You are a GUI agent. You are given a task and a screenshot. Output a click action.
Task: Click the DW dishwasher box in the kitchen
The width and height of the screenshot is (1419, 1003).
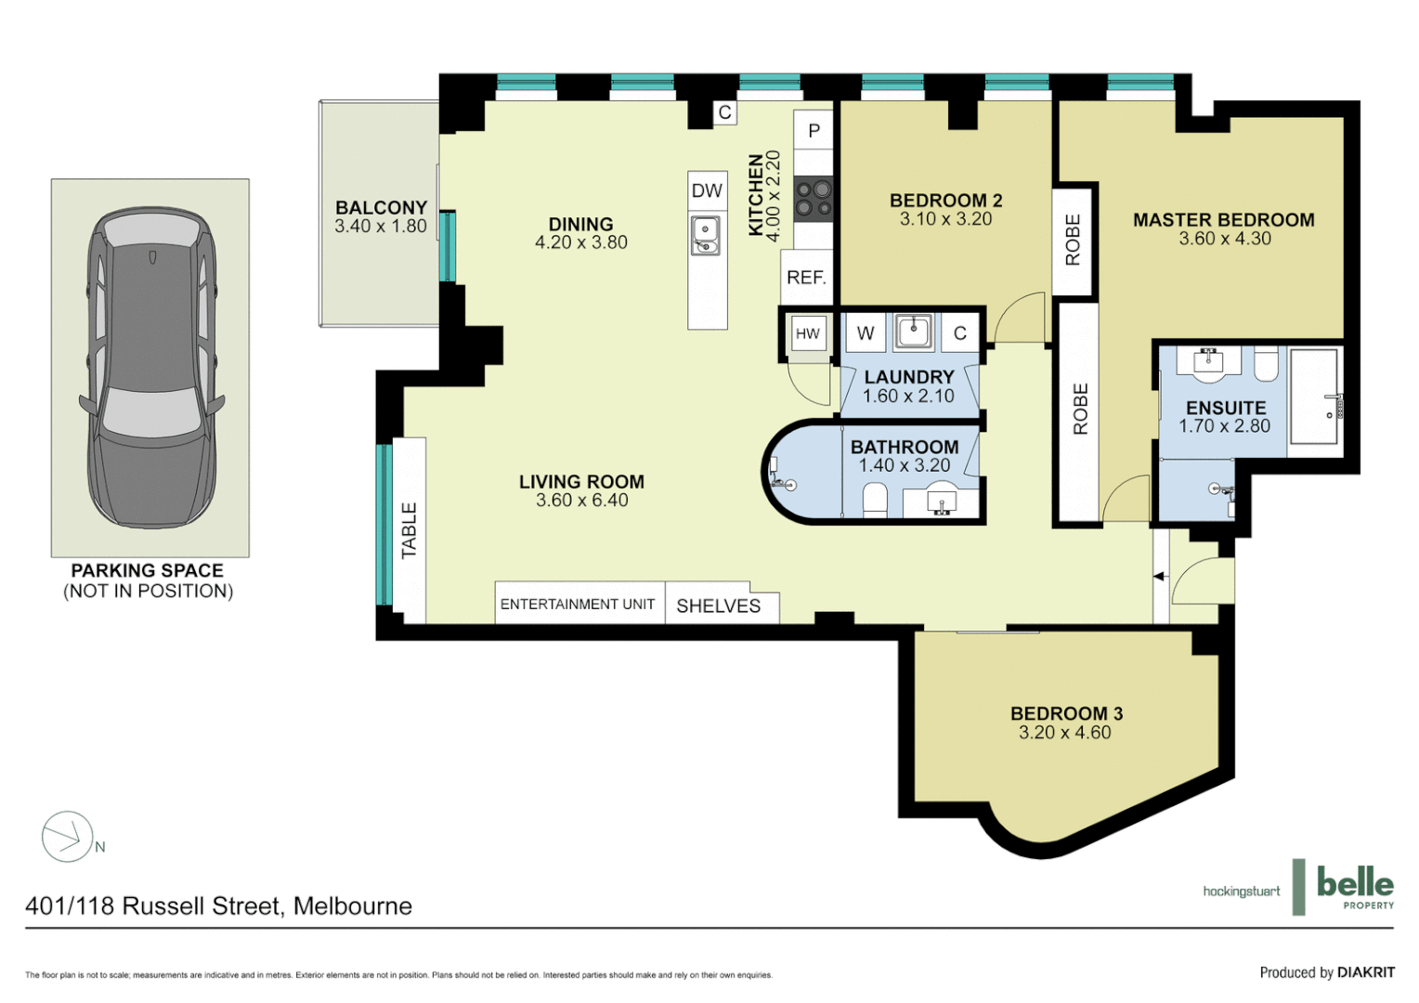coord(707,190)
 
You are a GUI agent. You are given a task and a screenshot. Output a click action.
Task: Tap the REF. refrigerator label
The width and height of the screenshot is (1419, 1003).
coord(806,278)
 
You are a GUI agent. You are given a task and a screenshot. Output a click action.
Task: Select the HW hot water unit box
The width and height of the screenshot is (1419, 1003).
coord(808,333)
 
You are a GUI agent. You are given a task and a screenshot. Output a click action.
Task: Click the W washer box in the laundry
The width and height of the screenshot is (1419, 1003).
coord(866,333)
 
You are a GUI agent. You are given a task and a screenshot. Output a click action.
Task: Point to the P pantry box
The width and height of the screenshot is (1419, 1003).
coord(814,131)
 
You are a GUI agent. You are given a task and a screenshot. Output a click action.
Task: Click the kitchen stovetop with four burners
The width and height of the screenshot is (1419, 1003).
coord(814,198)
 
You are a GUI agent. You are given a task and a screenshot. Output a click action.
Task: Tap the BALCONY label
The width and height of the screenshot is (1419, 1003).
coord(381,208)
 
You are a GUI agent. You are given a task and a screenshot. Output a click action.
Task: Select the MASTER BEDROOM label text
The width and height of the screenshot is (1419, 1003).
coord(1223,220)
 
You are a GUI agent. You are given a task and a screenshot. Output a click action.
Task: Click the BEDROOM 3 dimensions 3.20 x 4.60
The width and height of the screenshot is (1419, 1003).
coord(1064,733)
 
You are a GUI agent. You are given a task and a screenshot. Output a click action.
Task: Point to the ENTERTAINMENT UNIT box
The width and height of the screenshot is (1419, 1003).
coord(578,604)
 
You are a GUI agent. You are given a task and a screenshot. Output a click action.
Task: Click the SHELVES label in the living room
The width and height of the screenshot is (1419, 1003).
coord(718,606)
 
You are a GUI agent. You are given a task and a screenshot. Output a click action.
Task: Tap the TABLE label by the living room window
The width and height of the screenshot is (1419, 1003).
coord(410,530)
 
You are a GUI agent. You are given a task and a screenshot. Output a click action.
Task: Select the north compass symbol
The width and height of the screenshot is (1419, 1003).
coord(68,837)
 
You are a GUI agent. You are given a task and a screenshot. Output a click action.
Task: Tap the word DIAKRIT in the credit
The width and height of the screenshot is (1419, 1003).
coord(1365,972)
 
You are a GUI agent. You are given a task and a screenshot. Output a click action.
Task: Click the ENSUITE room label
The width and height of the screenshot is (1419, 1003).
coord(1226,409)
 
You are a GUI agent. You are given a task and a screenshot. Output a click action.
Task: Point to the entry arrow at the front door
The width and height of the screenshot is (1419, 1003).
coord(1159,577)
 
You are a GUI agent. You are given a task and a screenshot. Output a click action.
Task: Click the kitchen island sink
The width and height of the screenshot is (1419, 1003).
coord(705,234)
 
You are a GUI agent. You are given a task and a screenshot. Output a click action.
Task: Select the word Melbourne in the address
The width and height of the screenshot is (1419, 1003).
coord(353,906)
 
